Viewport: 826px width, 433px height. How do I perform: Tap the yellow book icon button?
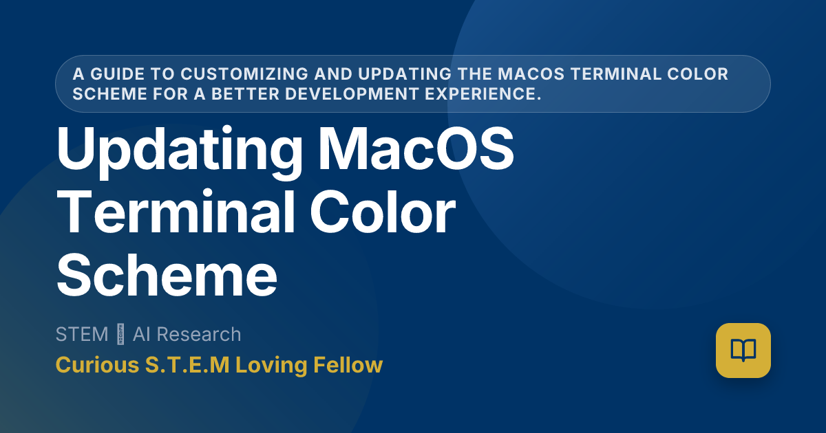[743, 351]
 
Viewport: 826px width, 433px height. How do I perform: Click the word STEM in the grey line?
[82, 335]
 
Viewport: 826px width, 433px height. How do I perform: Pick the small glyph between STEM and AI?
[120, 335]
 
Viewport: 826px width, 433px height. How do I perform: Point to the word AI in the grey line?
[141, 335]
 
